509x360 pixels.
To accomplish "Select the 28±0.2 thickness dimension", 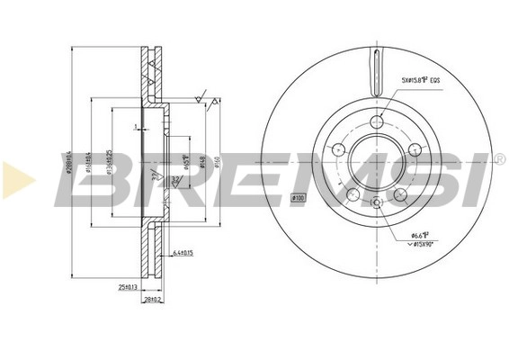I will pos(153,301).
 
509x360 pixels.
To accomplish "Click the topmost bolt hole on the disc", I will pos(376,123).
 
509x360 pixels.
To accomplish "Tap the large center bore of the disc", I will pos(376,162).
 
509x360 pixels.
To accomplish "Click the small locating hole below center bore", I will pos(376,202).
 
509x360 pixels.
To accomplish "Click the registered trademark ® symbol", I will pos(498,159).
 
